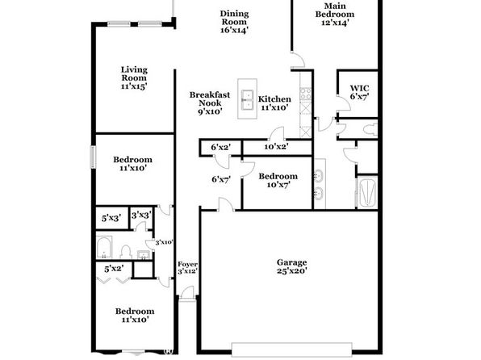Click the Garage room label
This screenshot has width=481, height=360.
[x=291, y=266]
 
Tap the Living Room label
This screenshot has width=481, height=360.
[x=134, y=78]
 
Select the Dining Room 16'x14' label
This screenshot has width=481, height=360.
[x=234, y=22]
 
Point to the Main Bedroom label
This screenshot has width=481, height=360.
[x=335, y=14]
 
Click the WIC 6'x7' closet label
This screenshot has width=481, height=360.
[x=359, y=92]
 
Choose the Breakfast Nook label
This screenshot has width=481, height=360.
[x=210, y=103]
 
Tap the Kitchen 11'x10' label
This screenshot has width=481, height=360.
[x=274, y=103]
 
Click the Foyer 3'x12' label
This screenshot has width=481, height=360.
[x=187, y=268]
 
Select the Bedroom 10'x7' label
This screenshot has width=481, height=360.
[x=278, y=181]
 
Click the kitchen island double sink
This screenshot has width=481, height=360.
[x=247, y=99]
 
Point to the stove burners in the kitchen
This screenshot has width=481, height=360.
[x=306, y=94]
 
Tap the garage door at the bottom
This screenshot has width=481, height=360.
[x=291, y=350]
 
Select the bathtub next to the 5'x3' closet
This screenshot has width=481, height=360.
[x=104, y=247]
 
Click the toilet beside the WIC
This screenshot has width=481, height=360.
[x=370, y=129]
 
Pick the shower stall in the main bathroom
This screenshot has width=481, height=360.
[x=367, y=192]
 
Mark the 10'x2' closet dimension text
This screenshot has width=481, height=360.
[x=276, y=147]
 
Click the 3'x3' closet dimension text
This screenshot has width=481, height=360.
[x=141, y=216]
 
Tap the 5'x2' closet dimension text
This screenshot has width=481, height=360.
[x=114, y=269]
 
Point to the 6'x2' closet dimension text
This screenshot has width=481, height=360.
[x=221, y=148]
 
